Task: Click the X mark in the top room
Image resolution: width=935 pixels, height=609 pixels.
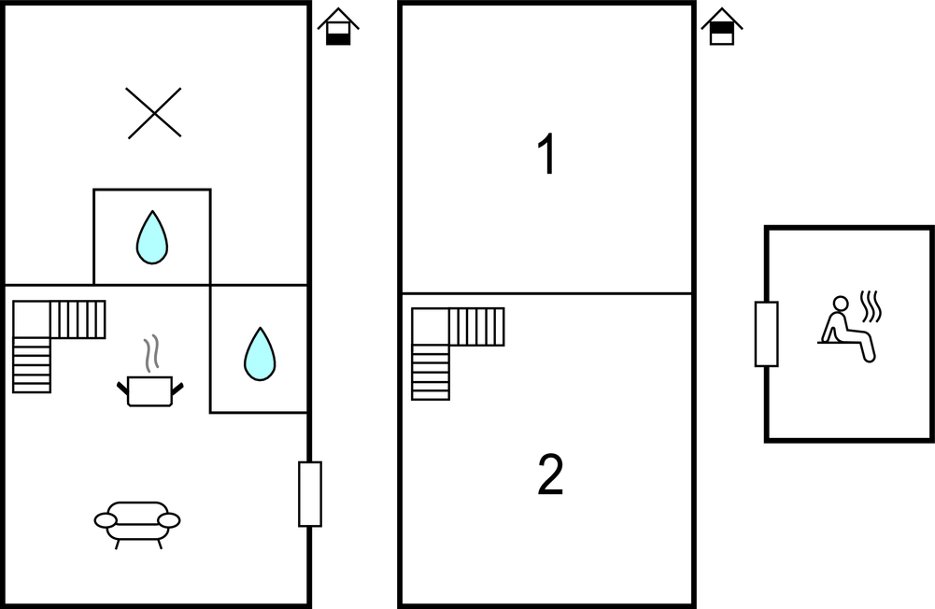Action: point(154,113)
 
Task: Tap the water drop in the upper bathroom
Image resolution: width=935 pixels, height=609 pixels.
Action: point(152,237)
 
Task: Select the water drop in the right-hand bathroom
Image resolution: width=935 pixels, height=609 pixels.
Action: point(260,354)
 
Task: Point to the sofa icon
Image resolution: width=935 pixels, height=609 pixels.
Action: point(137,522)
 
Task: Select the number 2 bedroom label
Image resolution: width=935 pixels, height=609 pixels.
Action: point(550,475)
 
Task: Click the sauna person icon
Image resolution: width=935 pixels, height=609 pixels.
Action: point(846,329)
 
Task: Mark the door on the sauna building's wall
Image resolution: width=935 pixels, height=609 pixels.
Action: point(766,333)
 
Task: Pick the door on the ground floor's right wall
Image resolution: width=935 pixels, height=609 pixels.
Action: point(310,493)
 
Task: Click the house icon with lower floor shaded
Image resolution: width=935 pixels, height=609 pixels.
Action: point(338,28)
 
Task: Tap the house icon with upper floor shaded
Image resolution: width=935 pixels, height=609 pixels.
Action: point(722,28)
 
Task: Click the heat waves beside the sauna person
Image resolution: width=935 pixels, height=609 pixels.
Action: point(871,306)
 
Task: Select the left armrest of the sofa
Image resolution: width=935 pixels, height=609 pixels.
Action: point(105,520)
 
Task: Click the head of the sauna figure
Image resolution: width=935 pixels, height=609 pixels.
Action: point(841,303)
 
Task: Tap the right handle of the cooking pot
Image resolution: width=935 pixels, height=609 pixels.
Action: point(177,386)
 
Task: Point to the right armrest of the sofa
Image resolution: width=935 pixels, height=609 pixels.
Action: point(169,520)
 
